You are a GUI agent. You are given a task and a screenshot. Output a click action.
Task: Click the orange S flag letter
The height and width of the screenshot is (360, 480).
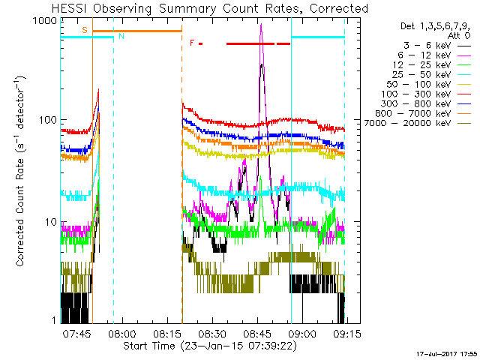[84, 30]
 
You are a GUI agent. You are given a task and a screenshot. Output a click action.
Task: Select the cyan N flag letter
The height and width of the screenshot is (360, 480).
[121, 36]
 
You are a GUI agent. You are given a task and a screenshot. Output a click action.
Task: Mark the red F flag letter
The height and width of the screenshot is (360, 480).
[192, 43]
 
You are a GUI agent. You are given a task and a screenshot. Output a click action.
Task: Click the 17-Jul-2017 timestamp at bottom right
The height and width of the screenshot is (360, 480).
[448, 352]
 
